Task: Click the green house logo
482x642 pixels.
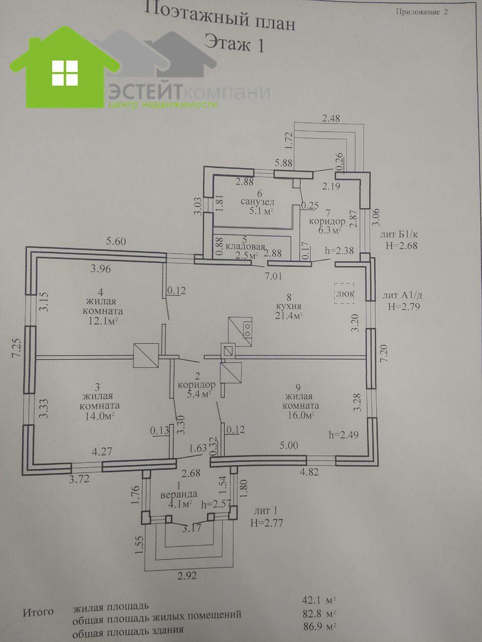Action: coord(65,70)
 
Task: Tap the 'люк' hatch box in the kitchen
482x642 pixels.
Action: coord(344,293)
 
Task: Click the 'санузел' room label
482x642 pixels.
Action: coord(257,202)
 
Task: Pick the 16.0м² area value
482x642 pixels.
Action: coord(299,415)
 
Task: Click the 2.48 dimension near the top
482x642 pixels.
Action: coord(331,119)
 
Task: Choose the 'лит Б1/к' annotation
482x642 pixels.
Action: coord(400,234)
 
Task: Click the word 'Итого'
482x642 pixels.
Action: coord(38,612)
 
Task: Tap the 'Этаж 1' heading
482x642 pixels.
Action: coord(234,44)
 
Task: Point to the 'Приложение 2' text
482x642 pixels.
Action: coord(421,12)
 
